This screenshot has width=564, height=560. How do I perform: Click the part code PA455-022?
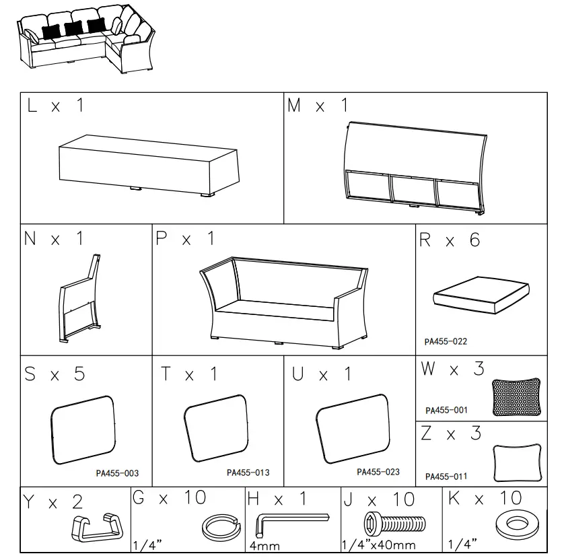coord(445,341)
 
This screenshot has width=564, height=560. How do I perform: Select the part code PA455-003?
coord(117,473)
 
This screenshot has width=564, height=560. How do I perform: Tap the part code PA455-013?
coord(248,473)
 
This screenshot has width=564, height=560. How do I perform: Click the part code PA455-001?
coord(446,410)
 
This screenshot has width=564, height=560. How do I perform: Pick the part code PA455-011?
coord(446,476)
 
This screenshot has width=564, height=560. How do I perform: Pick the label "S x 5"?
coord(55,374)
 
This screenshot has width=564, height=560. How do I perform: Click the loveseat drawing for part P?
coord(283,301)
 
